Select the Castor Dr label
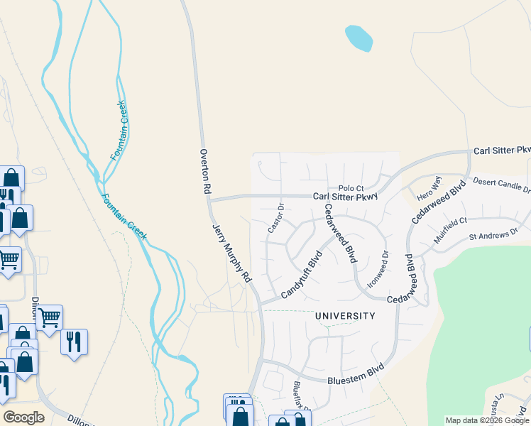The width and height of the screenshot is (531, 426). point(275,219)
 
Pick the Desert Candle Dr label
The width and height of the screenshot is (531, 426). point(501,185)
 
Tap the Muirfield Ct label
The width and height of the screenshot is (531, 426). point(450,230)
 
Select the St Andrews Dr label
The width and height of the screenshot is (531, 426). point(493,234)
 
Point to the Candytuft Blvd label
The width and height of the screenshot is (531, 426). point(302,273)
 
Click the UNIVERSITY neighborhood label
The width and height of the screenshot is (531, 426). point(345,315)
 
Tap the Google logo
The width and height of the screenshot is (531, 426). point(23,417)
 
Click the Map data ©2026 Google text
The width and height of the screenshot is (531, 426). point(486,420)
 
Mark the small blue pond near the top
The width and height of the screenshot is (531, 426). point(358,38)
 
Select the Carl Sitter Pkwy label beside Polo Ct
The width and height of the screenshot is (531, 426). point(345,197)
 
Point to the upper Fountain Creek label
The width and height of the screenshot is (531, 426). point(118,130)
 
